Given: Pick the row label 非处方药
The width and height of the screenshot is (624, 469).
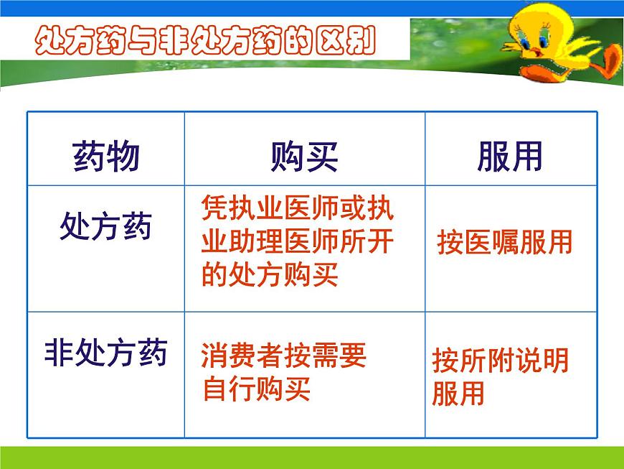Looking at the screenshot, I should pyautogui.click(x=105, y=354).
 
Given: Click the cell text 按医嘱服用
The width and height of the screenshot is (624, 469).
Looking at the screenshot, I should pyautogui.click(x=505, y=243).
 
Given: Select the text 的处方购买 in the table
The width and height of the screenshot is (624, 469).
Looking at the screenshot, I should pyautogui.click(x=269, y=274).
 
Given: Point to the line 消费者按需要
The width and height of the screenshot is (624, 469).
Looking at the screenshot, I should pyautogui.click(x=284, y=356).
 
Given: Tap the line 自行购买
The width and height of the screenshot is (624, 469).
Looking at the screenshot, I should pyautogui.click(x=257, y=389).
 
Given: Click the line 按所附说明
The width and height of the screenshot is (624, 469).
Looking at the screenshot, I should pyautogui.click(x=500, y=361).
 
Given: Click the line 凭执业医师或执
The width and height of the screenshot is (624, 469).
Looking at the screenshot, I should pyautogui.click(x=298, y=209).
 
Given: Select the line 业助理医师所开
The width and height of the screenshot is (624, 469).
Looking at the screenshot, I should pyautogui.click(x=298, y=242).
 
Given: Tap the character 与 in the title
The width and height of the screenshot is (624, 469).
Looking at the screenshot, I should pyautogui.click(x=132, y=41).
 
